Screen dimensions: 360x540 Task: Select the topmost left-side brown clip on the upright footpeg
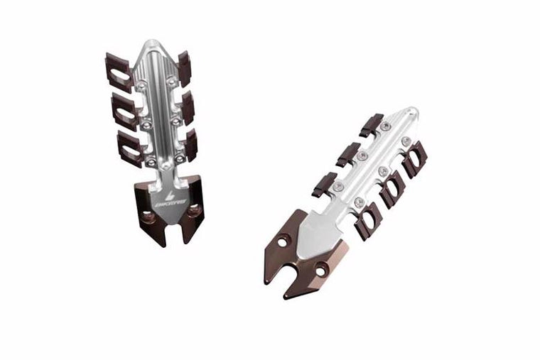pos(119,69)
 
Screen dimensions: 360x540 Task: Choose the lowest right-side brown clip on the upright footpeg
pos(190,145)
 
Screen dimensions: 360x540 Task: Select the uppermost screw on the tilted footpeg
pos(385,126)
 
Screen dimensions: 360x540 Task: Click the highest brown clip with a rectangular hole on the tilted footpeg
pos(416,153)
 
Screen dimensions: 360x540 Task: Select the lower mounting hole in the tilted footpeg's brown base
pos(323,268)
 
